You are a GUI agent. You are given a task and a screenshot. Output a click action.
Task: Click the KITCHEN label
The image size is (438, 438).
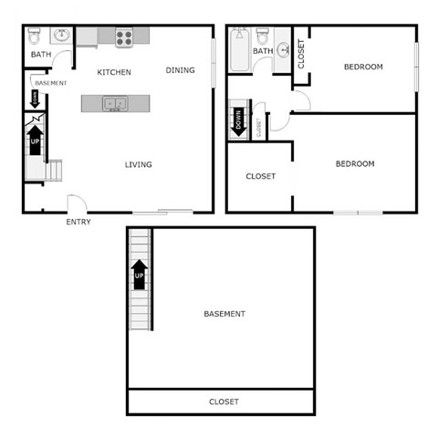click(115, 72)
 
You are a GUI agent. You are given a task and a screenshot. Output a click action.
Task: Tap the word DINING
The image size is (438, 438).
click(180, 70)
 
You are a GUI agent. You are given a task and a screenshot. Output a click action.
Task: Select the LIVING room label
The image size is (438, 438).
click(139, 164)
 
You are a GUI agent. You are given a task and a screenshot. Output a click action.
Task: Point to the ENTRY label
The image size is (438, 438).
click(78, 222)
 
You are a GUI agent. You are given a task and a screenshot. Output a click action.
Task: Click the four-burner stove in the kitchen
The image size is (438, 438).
click(124, 36)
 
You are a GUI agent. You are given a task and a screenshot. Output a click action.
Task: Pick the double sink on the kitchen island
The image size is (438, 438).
click(116, 104)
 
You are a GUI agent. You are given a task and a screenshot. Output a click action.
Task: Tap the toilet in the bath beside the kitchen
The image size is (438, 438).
click(34, 36)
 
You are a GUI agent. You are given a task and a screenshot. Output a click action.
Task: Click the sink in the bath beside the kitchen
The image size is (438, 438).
click(61, 36)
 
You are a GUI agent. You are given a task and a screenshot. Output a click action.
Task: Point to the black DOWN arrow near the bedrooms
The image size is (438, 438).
click(239, 120)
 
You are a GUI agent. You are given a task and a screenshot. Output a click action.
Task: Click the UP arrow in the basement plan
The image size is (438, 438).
click(140, 274)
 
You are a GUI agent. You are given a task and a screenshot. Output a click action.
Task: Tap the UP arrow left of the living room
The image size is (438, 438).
click(36, 141)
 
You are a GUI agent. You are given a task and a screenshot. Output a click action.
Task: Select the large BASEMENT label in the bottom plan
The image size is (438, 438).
click(224, 314)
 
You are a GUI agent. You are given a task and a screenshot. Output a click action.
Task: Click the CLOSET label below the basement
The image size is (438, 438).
click(224, 401)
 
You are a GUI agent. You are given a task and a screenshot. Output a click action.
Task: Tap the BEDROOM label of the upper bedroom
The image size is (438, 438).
click(362, 67)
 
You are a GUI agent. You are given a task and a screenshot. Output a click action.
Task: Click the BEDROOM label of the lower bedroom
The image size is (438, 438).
click(355, 164)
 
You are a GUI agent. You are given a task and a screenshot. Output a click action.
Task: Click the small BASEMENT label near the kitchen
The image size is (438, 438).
click(51, 83)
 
